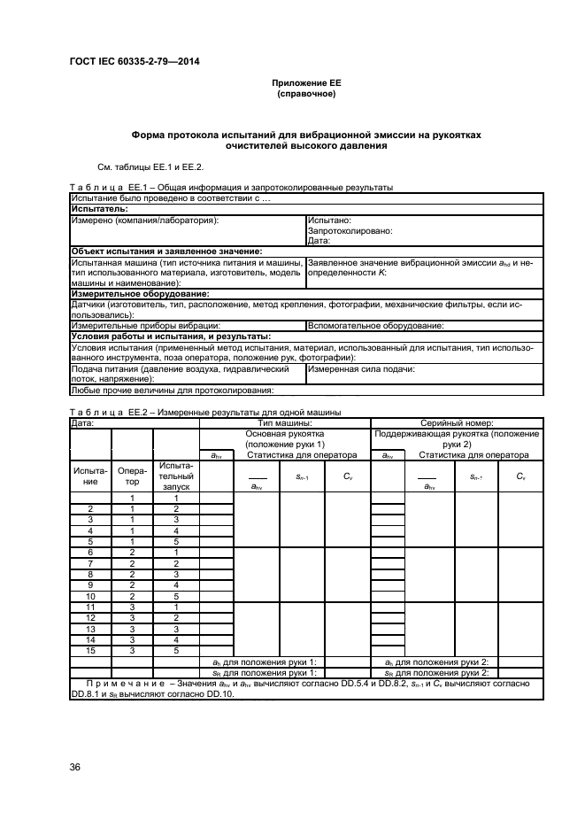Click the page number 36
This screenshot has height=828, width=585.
point(76,768)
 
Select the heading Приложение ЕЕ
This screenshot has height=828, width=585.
point(306,83)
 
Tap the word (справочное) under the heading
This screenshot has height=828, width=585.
point(306,93)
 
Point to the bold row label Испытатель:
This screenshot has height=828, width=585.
point(98,208)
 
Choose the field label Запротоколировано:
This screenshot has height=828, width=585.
point(350,229)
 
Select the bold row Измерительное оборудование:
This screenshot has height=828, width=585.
point(140,293)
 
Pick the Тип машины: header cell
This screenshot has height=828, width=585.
point(284,423)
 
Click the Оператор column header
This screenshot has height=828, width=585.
point(132,476)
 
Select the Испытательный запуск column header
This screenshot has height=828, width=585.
point(175,476)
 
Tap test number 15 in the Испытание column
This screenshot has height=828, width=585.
point(89,650)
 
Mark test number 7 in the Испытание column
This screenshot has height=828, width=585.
point(89,563)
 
